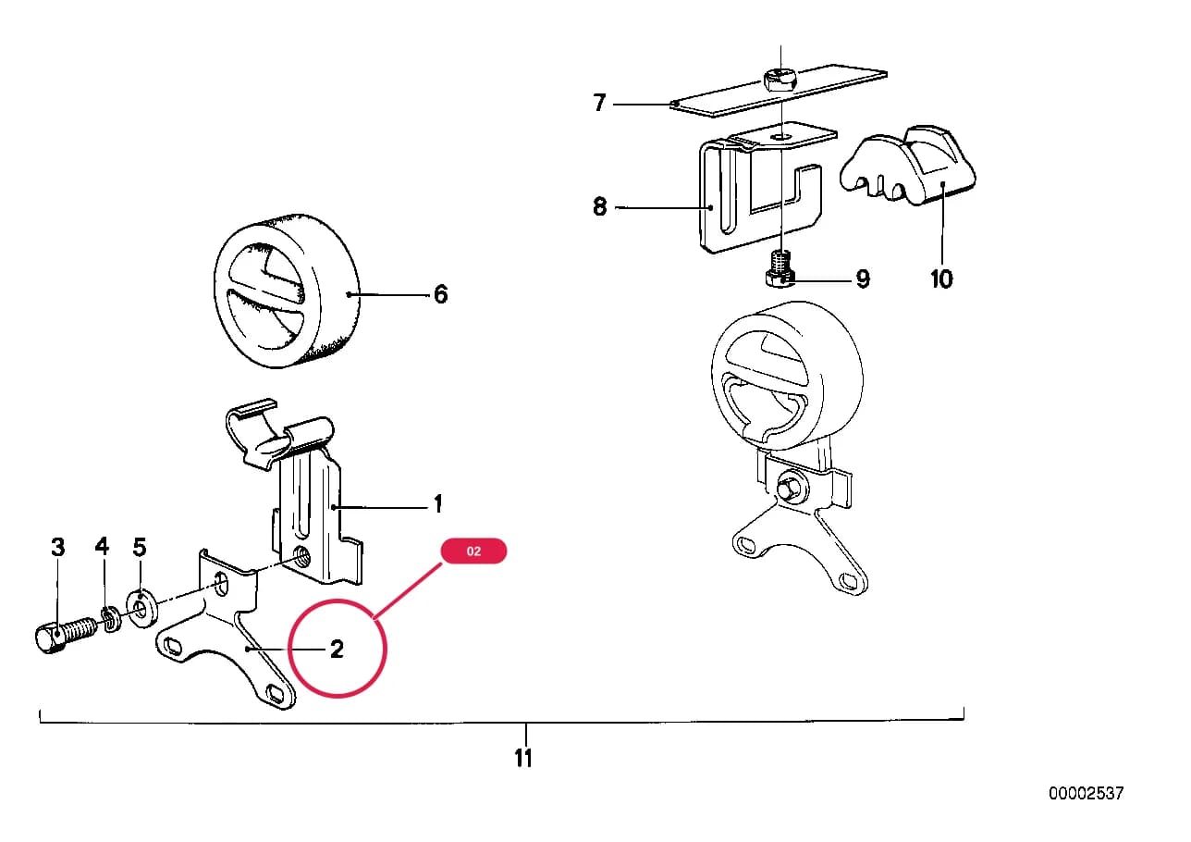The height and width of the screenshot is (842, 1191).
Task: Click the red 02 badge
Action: pos(473,551)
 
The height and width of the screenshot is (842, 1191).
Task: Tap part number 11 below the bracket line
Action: pos(523,759)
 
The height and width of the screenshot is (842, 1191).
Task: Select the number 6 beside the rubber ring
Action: pos(441,294)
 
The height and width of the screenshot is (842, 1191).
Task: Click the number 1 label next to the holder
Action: pos(438,504)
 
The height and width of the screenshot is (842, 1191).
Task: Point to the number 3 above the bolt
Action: pos(58,547)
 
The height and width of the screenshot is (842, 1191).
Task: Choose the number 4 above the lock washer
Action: pos(102,546)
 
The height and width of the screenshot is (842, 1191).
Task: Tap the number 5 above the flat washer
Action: pos(140,547)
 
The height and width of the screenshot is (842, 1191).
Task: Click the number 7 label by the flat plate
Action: pos(600,103)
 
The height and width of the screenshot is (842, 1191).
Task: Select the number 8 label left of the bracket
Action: pos(600,206)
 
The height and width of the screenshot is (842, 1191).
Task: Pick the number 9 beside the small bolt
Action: pos(863,279)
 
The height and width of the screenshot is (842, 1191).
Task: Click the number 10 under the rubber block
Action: pos(941,279)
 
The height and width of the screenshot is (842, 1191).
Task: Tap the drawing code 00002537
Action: pos(1087,793)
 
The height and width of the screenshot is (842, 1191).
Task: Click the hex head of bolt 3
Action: pos(51,639)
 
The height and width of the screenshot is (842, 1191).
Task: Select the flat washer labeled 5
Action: pos(141,607)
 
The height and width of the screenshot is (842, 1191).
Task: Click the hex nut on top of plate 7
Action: pos(780,80)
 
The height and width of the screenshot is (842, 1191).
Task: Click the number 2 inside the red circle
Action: pos(337,649)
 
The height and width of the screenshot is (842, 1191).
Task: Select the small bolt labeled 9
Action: pos(780,269)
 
